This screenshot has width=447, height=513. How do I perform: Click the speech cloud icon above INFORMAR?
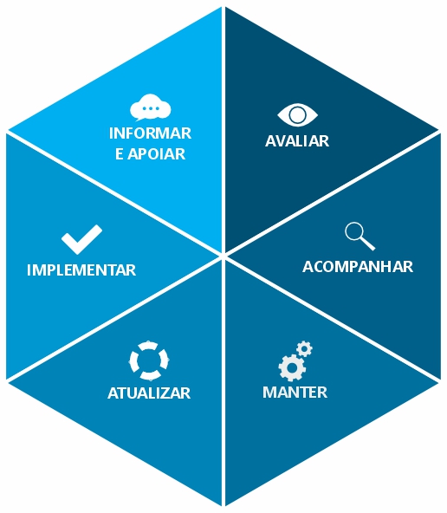150,107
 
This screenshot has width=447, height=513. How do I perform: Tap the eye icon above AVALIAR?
297,115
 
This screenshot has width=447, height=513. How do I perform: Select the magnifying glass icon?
360,237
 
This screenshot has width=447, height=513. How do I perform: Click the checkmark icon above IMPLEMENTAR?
81,239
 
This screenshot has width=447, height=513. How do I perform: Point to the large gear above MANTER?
292,367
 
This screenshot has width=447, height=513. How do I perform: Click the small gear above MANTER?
304,348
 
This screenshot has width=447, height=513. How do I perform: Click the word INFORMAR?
150,133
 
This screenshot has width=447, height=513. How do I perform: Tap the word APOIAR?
156,154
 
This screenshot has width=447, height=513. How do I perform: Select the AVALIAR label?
297,141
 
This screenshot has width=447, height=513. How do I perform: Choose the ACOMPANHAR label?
358,267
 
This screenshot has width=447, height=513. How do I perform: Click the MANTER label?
295,393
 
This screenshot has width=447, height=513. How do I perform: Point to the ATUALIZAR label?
149,393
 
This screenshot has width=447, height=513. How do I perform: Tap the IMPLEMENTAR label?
81,270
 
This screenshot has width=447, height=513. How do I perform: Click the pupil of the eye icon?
297,115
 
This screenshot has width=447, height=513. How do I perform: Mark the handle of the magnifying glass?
368,244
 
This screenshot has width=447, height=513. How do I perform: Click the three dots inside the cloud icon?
150,108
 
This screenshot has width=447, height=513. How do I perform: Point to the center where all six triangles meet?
223,256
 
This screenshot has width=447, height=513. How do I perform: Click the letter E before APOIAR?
120,154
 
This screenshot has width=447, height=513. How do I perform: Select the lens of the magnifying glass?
354,231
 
